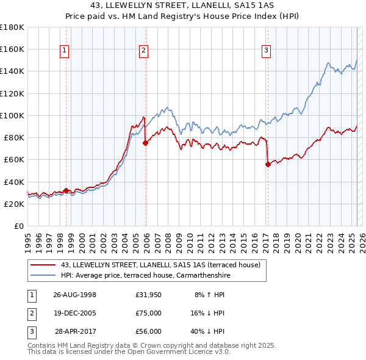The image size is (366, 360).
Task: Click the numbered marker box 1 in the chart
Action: click(65, 51)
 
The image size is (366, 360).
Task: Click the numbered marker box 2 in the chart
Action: click(143, 51)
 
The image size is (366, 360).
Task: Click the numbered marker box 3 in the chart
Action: click(267, 51)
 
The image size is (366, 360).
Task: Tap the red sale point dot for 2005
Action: click(145, 143)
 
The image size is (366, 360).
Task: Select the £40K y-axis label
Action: click(13, 182)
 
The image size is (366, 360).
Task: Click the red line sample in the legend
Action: click(43, 265)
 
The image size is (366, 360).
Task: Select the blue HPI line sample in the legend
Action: click(43, 275)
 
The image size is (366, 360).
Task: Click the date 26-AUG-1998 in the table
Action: click(75, 294)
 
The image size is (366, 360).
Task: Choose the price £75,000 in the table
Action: click(149, 312)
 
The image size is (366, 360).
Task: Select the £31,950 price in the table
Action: click(149, 294)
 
